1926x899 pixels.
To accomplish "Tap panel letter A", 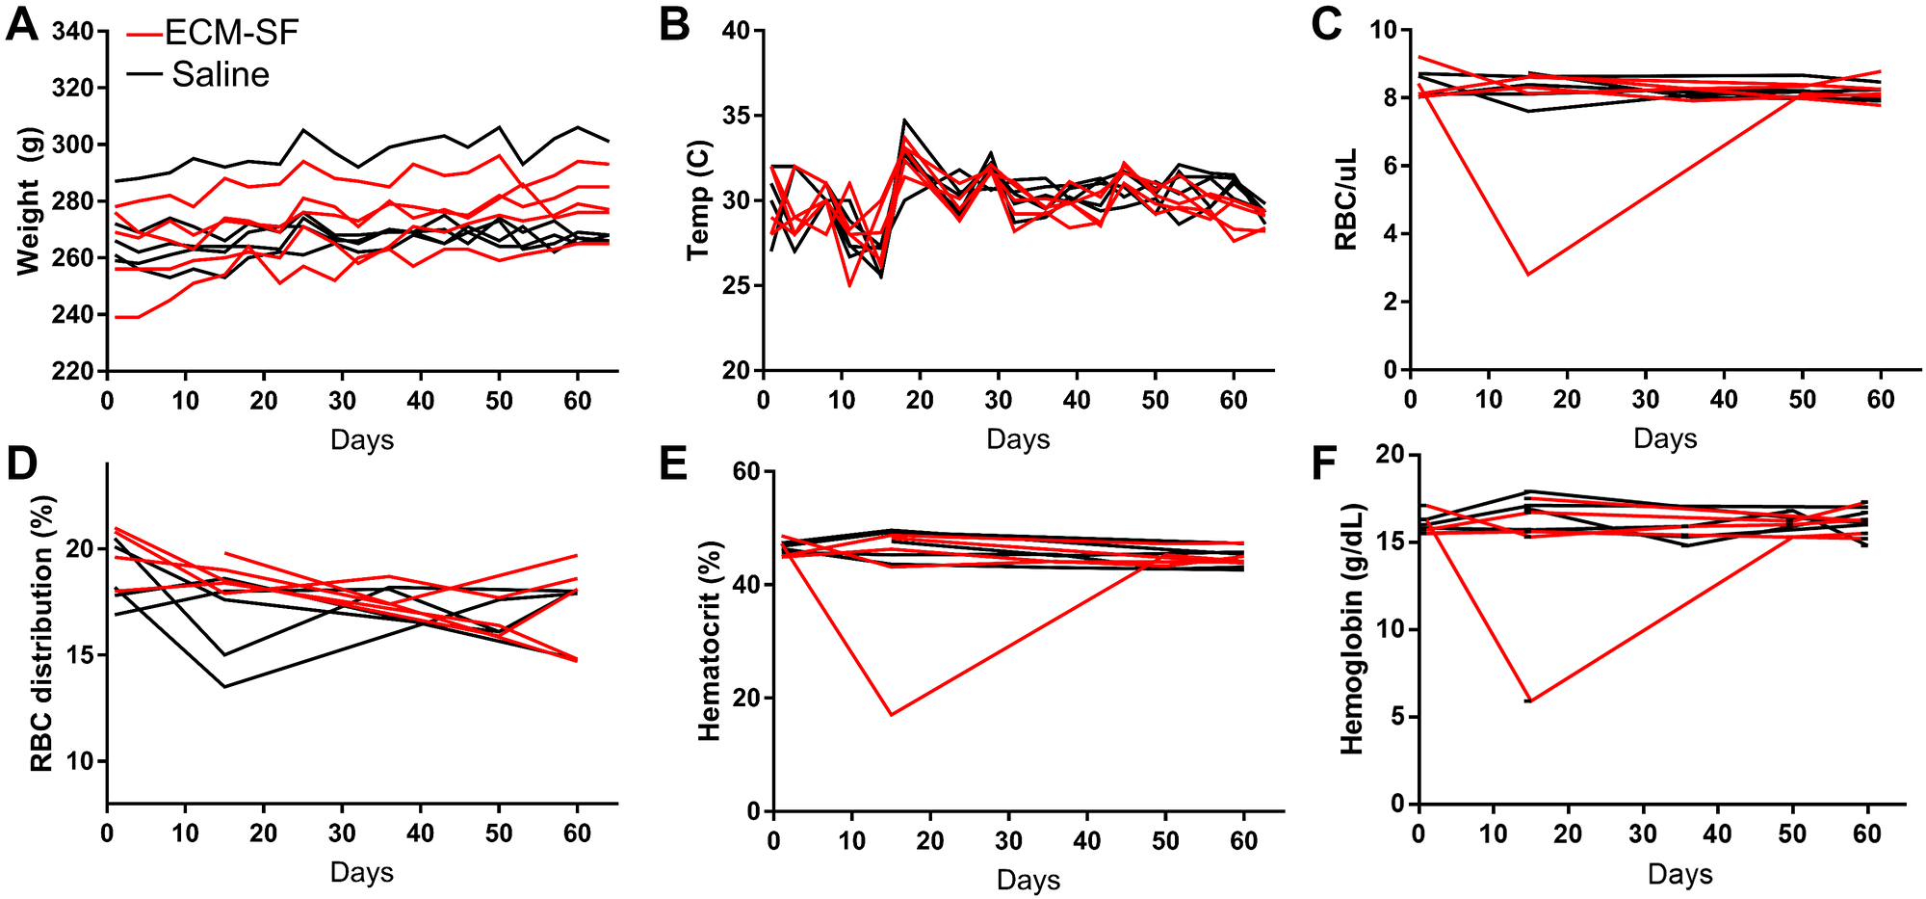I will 21,24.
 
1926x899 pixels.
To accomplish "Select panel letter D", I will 21,464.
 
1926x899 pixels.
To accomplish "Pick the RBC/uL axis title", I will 1345,199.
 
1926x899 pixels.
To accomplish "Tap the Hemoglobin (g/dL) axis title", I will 1352,628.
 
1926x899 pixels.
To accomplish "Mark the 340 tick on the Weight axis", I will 74,32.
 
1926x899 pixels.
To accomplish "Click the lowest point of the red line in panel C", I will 1528,275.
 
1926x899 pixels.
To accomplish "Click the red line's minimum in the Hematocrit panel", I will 892,714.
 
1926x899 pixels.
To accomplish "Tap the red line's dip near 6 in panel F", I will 1528,701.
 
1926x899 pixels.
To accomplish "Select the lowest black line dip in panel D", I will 224,687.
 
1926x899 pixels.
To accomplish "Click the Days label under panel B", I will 1017,440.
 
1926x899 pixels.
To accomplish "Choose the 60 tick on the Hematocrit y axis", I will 747,472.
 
